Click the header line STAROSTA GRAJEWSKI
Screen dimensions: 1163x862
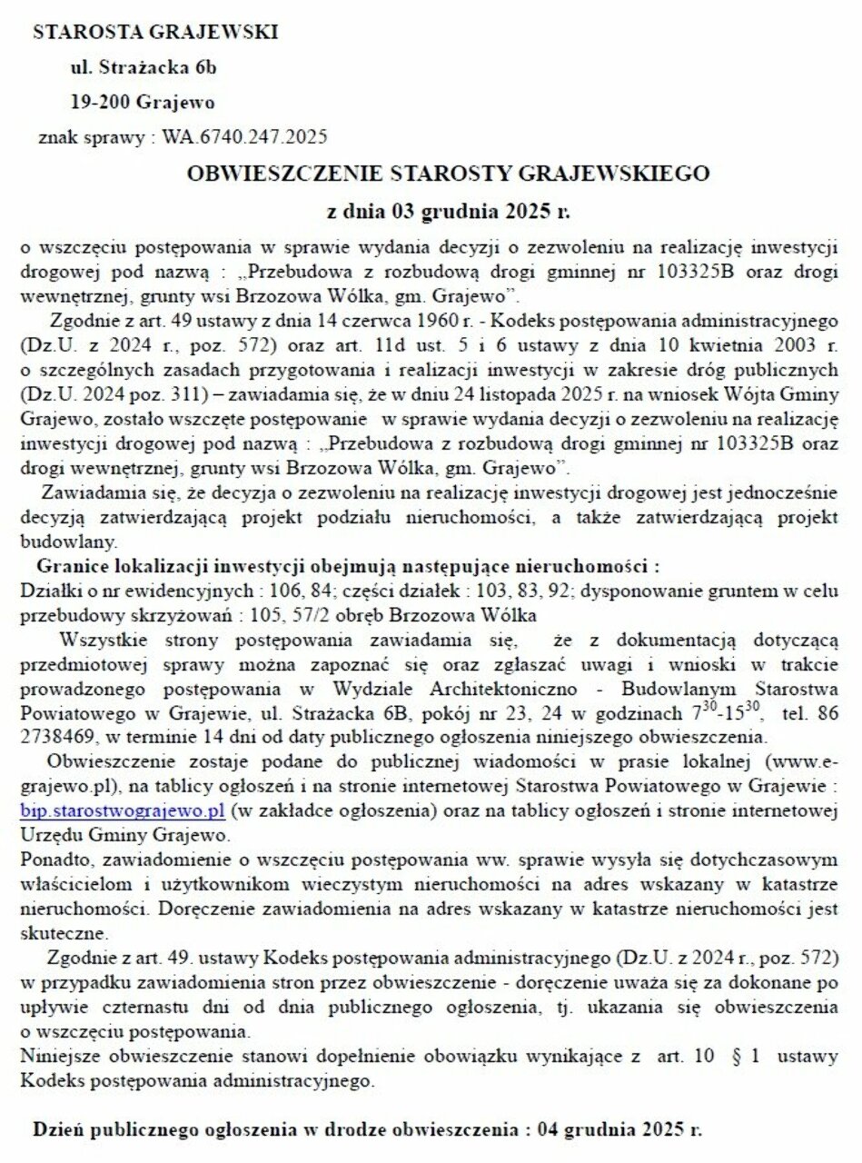point(155,33)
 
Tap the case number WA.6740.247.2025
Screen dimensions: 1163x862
point(244,137)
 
